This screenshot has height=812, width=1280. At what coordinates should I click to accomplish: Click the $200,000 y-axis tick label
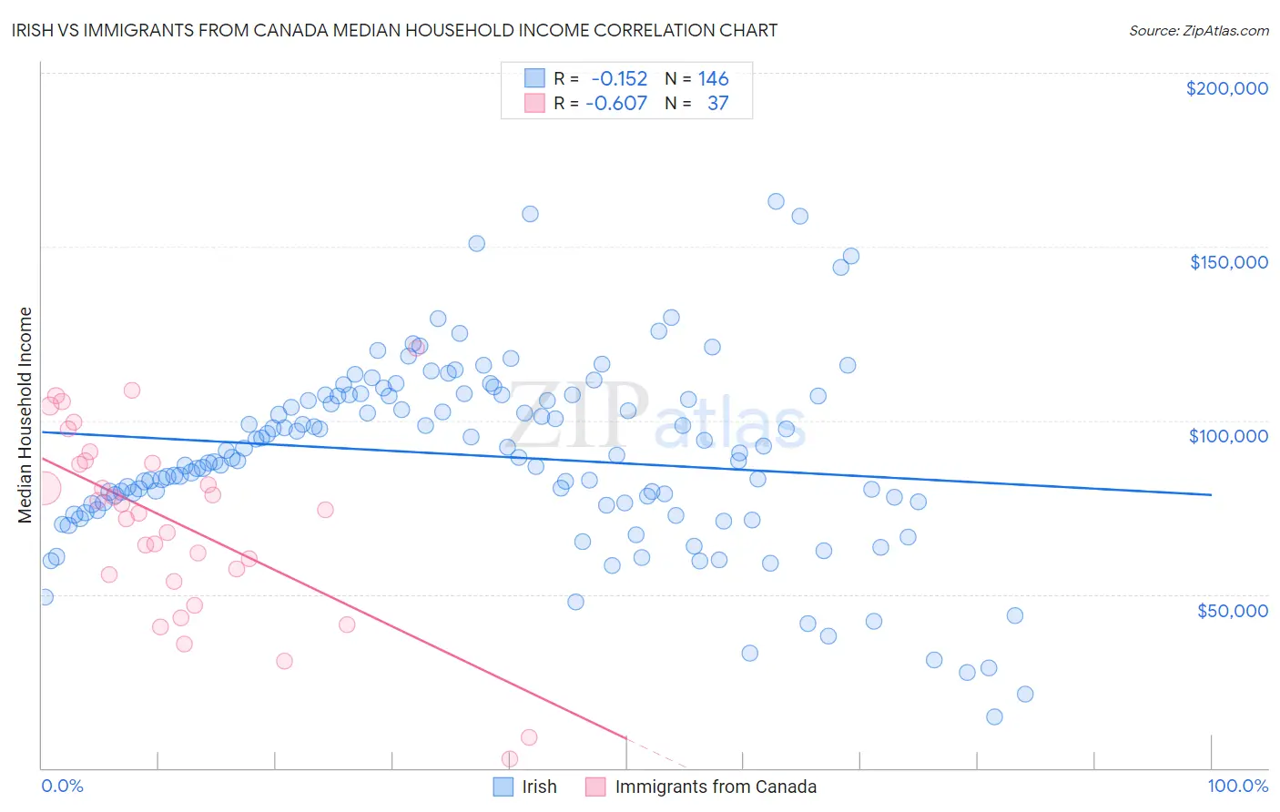click(x=1226, y=88)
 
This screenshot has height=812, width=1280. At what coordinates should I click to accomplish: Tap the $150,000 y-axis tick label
click(x=1228, y=262)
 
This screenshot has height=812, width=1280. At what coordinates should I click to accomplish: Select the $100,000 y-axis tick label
click(x=1228, y=436)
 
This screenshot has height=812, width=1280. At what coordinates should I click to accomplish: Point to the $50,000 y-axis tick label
click(x=1232, y=610)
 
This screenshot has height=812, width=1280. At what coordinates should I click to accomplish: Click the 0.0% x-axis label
click(x=62, y=786)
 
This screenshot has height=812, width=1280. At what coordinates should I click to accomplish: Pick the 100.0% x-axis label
click(x=1237, y=786)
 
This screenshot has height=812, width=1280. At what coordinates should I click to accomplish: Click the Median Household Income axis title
click(x=25, y=415)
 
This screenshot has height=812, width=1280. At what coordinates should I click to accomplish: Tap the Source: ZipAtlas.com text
click(x=1198, y=30)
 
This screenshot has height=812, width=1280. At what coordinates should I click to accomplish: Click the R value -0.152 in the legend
click(x=619, y=79)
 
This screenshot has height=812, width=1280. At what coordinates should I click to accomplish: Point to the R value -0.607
click(x=616, y=103)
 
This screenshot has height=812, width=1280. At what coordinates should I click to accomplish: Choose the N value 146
click(x=713, y=79)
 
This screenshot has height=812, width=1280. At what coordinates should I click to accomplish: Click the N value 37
click(x=717, y=103)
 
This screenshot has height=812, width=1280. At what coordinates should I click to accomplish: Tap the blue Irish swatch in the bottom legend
click(x=503, y=787)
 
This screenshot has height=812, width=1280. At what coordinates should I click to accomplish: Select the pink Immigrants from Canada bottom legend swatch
click(x=595, y=787)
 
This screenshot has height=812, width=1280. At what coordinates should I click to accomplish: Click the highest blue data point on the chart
click(x=776, y=201)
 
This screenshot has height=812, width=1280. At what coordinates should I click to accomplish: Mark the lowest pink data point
click(x=510, y=758)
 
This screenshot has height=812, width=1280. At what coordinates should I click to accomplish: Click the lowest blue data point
click(x=994, y=716)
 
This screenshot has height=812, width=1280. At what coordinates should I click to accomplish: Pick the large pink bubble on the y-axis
click(x=43, y=488)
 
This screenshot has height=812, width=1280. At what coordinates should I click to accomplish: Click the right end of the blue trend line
click(x=1211, y=494)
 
